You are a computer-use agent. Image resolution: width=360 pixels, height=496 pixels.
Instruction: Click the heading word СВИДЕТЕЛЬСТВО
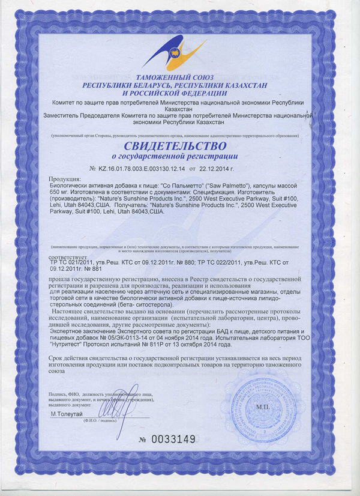pos(176,147)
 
